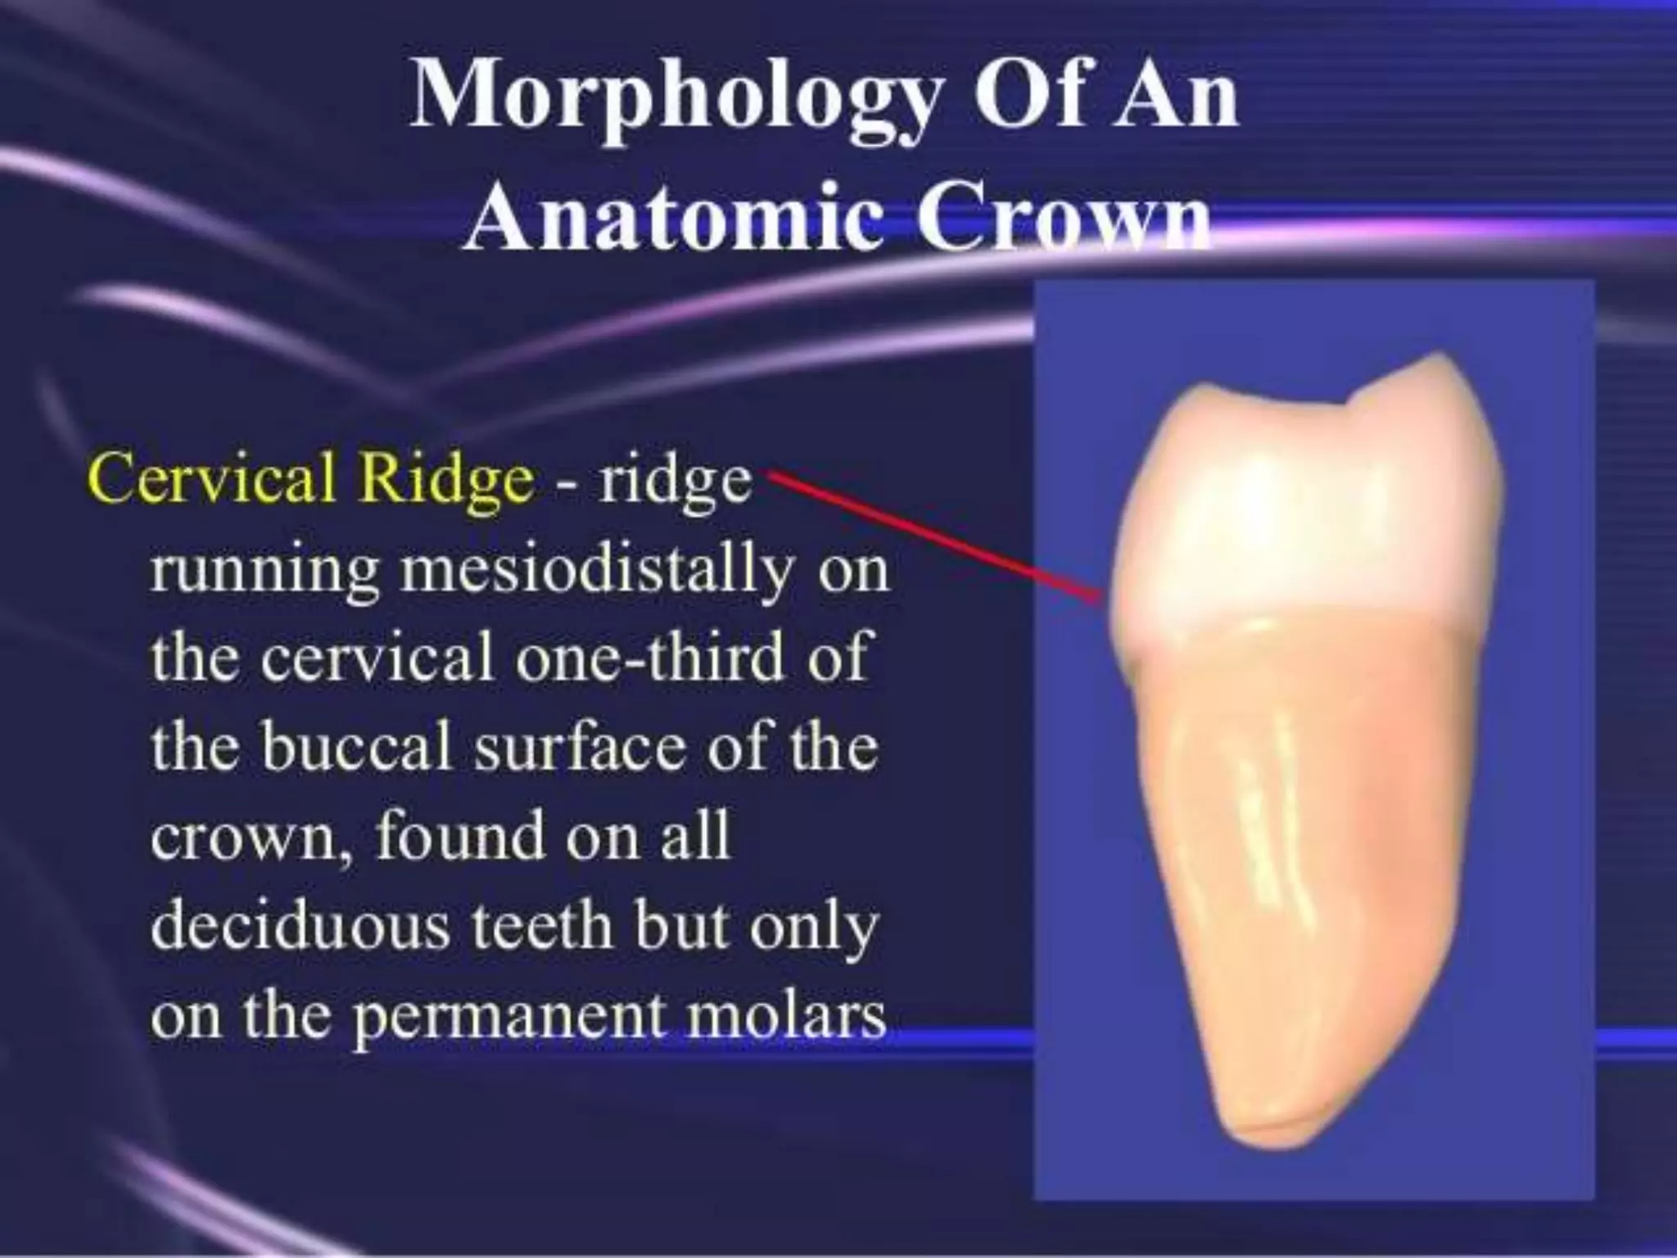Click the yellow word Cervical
(215, 477)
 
